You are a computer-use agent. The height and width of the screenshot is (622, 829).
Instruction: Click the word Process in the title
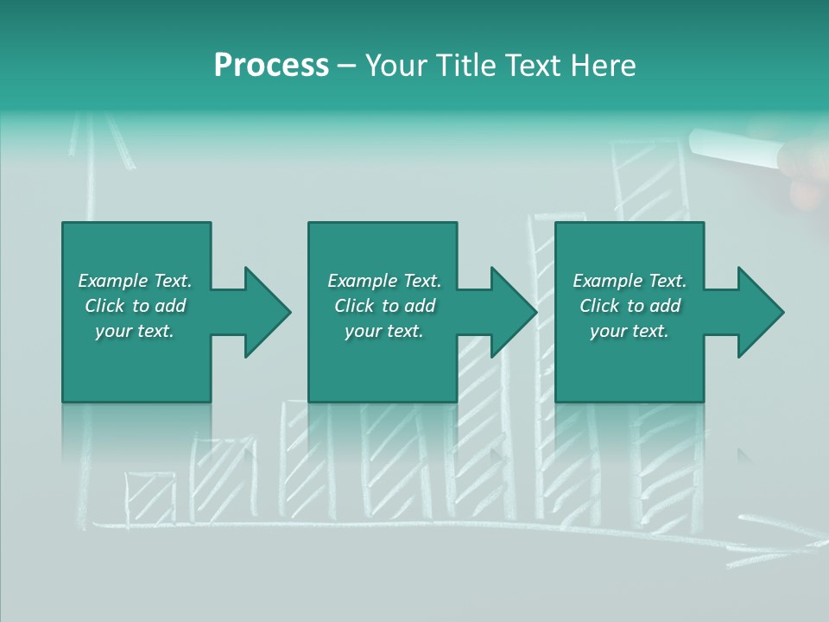pos(271,66)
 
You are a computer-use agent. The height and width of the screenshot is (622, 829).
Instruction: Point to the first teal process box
pos(136,312)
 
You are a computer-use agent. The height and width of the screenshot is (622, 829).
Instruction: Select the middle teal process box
pos(383,312)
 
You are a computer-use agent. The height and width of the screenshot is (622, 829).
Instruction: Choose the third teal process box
pos(629,312)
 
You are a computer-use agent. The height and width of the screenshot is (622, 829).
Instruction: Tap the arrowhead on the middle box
pos(513,312)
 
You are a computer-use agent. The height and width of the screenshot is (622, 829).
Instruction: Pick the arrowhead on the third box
pos(760,312)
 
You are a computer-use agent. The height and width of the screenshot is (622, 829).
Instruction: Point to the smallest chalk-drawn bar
pos(149,498)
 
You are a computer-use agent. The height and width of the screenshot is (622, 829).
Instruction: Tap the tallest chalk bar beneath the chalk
pos(649,181)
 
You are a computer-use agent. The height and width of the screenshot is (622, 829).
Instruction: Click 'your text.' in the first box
pos(135,331)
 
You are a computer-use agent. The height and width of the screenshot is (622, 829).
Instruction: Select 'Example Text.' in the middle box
pos(384,281)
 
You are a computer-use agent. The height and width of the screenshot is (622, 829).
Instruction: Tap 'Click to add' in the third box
pos(630,306)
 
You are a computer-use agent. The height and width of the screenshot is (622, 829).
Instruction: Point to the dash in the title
pos(347,66)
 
